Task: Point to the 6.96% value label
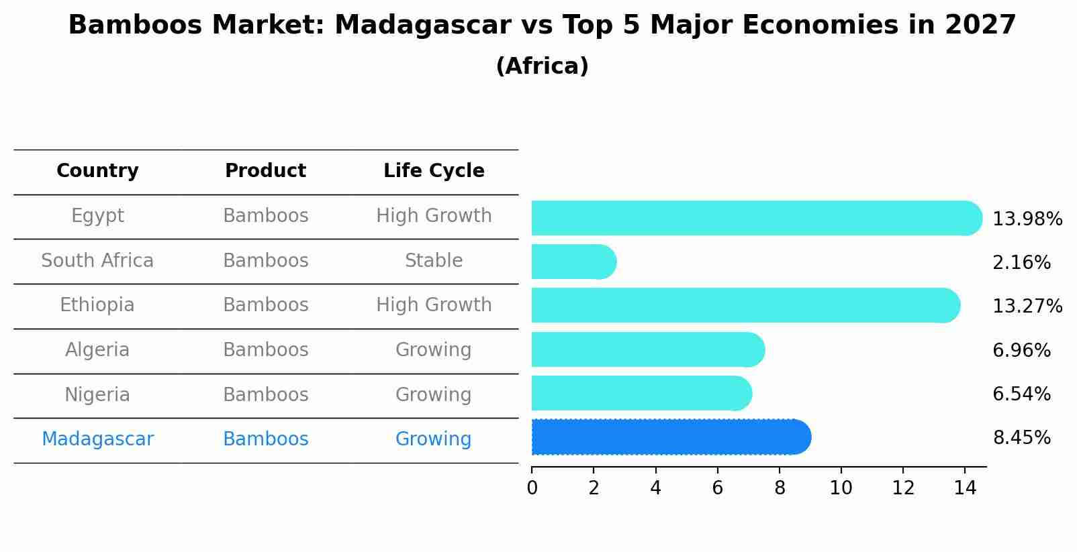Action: click(x=1021, y=350)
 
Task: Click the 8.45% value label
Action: click(x=1021, y=438)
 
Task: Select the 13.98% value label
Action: click(x=1027, y=219)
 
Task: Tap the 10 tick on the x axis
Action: click(x=841, y=488)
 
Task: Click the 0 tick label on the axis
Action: click(x=532, y=488)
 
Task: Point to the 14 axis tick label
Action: click(x=965, y=488)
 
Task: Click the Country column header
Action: click(x=97, y=171)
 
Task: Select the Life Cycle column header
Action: click(x=434, y=171)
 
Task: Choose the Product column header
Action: click(x=265, y=171)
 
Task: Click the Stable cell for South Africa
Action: click(x=434, y=261)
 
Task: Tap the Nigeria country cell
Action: click(x=97, y=395)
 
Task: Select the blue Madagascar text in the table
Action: click(x=97, y=439)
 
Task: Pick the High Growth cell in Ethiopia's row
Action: click(x=434, y=305)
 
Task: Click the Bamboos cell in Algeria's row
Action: click(x=265, y=350)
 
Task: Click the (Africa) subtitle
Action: click(x=542, y=66)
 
